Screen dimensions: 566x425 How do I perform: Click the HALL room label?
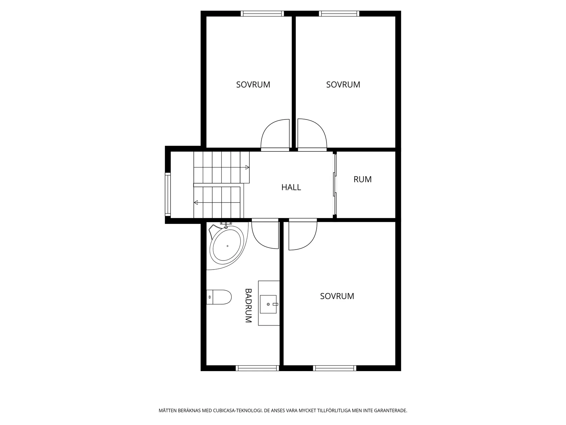291,187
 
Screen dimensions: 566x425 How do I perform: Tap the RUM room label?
362,179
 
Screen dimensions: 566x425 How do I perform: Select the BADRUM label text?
248,306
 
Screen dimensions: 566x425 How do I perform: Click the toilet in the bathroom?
219,297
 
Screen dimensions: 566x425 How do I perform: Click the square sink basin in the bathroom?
268,304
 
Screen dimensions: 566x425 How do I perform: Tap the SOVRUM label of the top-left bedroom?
253,85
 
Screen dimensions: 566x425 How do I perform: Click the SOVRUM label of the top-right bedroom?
343,85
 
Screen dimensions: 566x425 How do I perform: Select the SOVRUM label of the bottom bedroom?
337,296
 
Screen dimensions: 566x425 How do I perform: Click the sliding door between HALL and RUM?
335,185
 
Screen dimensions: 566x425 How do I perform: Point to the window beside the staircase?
168,194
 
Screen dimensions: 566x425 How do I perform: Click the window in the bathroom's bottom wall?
257,368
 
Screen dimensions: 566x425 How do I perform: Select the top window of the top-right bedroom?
339,13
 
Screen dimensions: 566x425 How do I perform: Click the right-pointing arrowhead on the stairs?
247,168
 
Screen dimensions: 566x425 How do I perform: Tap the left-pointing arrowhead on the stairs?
196,203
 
